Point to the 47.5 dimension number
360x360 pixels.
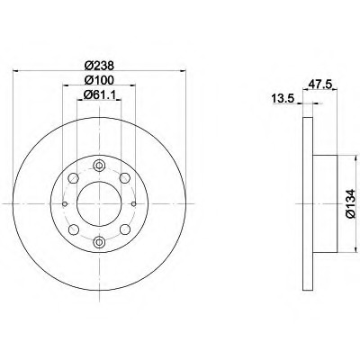point(313,87)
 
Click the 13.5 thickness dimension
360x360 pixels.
point(283,101)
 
